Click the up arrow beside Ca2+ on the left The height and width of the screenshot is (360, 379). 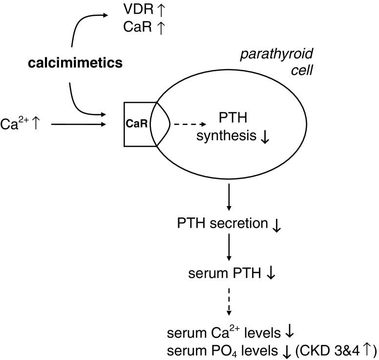(x=36, y=124)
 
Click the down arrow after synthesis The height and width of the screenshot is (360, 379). (x=265, y=137)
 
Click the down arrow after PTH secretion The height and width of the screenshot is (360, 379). (x=276, y=225)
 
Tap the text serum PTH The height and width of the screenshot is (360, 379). (x=225, y=274)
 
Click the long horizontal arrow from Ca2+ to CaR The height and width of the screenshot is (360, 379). (x=78, y=125)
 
